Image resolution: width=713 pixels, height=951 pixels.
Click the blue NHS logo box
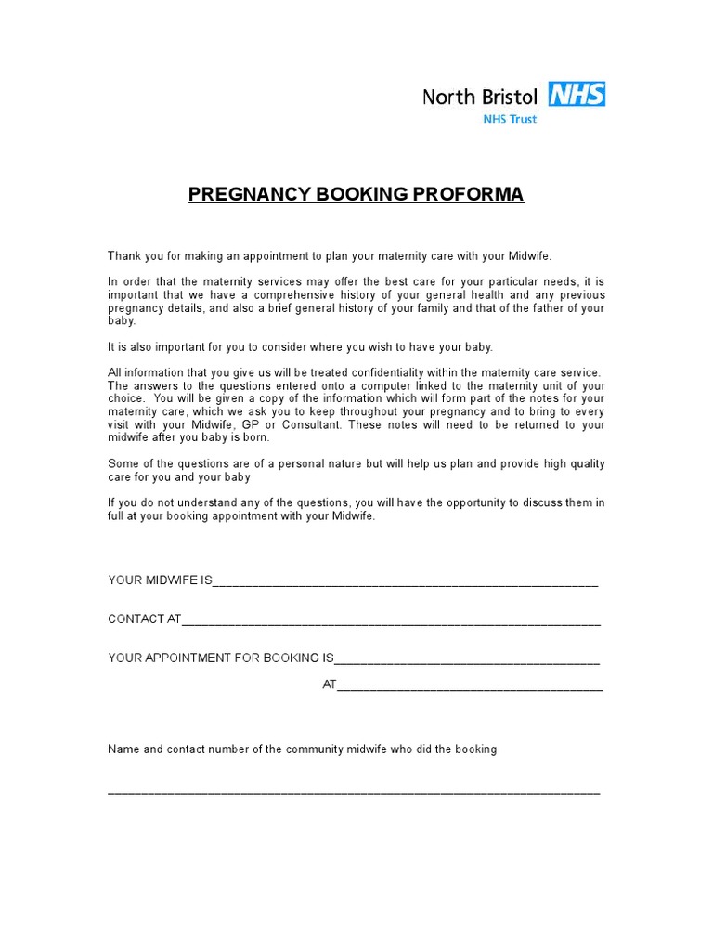(577, 94)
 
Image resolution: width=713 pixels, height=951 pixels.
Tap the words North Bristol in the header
(480, 97)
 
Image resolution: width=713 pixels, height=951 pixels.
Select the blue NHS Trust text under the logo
(510, 119)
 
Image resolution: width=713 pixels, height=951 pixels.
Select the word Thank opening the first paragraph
(123, 255)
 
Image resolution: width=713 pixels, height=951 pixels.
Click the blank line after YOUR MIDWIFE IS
(406, 583)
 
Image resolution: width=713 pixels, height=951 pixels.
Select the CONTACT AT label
(144, 619)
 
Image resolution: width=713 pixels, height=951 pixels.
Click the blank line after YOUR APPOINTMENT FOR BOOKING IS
(466, 661)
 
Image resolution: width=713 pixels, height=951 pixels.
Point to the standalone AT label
(329, 684)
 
